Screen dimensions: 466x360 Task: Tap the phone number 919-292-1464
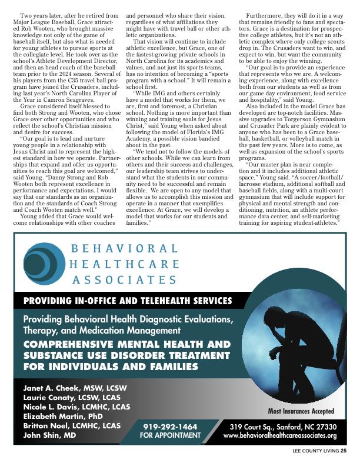click(x=170, y=426)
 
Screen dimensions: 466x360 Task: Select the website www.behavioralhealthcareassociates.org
click(x=280, y=435)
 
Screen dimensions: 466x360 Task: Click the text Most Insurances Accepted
click(x=301, y=411)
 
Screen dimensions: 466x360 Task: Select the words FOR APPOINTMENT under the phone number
click(x=170, y=435)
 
